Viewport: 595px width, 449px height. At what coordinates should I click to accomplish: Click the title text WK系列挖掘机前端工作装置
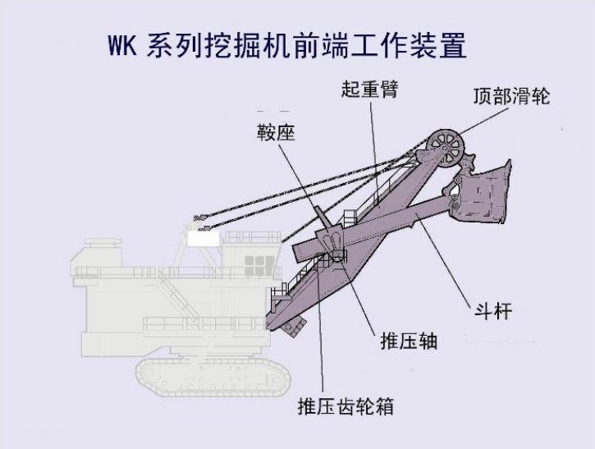tap(286, 44)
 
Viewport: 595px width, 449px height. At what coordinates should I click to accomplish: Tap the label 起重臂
tap(369, 89)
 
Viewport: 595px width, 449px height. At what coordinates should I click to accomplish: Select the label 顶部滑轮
tap(510, 96)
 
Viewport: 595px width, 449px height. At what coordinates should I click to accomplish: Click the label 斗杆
tap(493, 312)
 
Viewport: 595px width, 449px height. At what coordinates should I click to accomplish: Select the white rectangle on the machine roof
tap(203, 239)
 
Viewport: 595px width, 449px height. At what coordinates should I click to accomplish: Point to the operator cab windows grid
tap(259, 263)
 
